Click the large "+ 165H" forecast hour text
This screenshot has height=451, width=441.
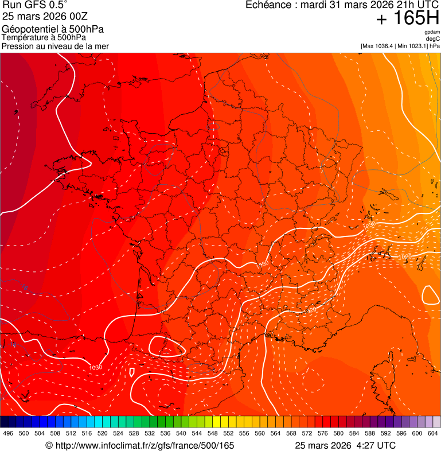click(407, 19)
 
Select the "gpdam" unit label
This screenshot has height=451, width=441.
click(432, 33)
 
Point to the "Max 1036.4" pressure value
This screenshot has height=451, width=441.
click(381, 46)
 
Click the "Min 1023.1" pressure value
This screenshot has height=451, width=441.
click(411, 46)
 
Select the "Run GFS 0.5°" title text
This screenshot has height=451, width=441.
click(34, 6)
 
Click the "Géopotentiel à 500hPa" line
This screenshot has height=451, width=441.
click(53, 29)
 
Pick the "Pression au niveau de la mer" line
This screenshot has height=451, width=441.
click(55, 46)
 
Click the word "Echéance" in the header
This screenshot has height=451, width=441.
click(269, 5)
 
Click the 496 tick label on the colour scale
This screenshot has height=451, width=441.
click(8, 433)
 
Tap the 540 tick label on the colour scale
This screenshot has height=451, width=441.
click(181, 433)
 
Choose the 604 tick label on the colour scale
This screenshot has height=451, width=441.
click(432, 433)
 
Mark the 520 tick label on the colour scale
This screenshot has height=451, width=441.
click(103, 433)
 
